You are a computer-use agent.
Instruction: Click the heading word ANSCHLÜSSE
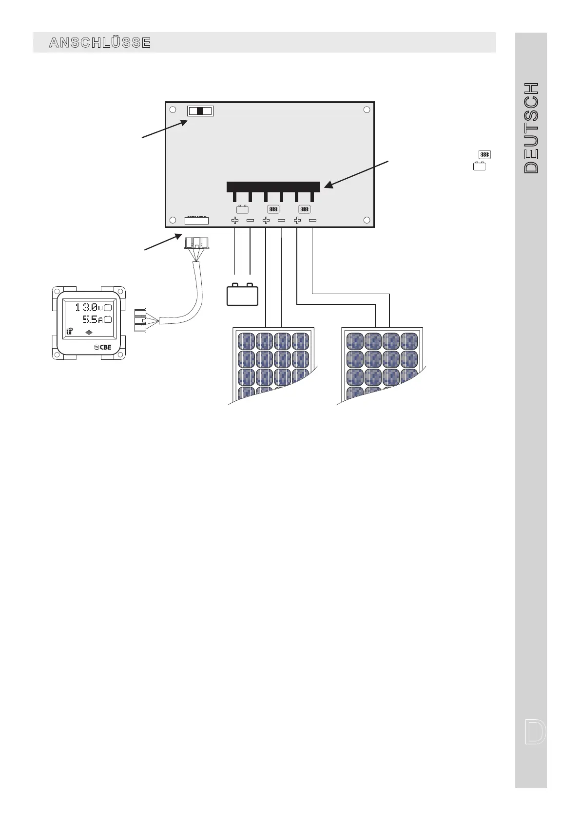tap(100, 43)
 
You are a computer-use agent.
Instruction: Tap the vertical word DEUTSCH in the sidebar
tap(531, 128)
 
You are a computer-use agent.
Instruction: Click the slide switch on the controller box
tap(200, 111)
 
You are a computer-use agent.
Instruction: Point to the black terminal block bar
tap(273, 187)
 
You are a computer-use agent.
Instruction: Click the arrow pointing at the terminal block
tap(357, 173)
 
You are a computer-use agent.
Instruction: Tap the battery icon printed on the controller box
tap(242, 209)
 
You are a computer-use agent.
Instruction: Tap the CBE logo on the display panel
tap(103, 347)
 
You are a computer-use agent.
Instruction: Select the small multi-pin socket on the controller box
tap(196, 221)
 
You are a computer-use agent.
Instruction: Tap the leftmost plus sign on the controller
tap(234, 221)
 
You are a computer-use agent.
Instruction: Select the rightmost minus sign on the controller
tap(312, 221)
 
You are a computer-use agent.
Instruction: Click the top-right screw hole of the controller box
tap(367, 110)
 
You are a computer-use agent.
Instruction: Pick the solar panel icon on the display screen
tap(70, 331)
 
